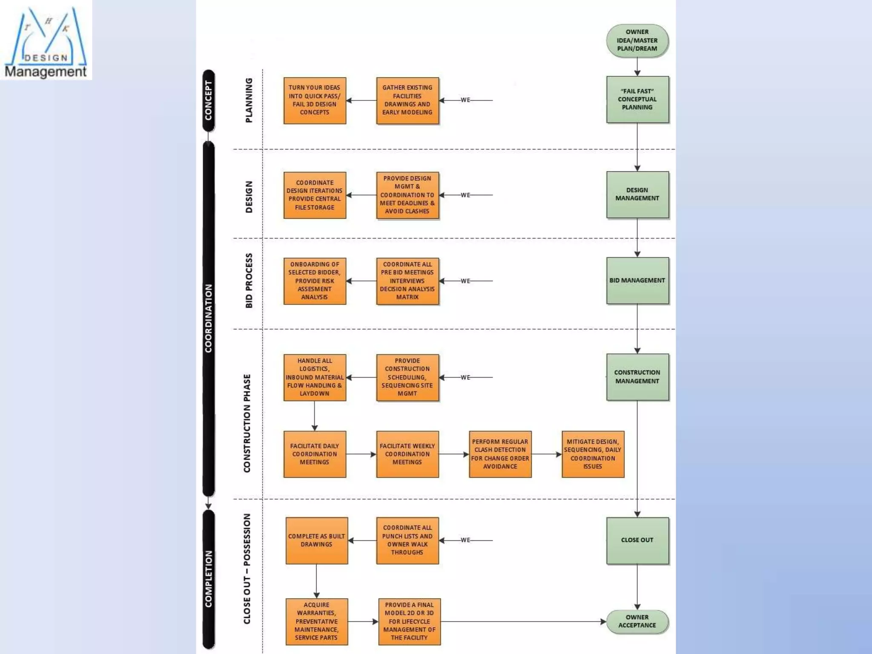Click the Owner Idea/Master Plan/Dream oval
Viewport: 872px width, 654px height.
[x=637, y=40]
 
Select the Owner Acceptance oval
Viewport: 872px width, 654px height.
[x=637, y=621]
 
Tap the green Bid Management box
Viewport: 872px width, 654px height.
[x=637, y=281]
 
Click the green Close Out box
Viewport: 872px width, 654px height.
[x=637, y=540]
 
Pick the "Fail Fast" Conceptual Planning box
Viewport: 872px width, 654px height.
[x=637, y=100]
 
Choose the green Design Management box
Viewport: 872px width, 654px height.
[x=637, y=195]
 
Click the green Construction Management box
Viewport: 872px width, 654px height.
[x=637, y=377]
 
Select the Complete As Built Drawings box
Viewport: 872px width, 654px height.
[x=316, y=540]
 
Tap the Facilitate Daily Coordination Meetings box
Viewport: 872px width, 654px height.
[x=315, y=454]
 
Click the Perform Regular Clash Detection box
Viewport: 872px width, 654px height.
[x=500, y=454]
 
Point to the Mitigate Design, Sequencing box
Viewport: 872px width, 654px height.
[x=593, y=454]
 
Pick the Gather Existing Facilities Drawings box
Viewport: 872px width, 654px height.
[x=407, y=100]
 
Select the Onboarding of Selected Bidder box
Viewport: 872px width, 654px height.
[x=315, y=281]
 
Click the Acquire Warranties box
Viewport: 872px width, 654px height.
[x=316, y=621]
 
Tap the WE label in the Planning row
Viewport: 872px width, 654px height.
[x=465, y=100]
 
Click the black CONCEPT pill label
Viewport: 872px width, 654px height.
[x=208, y=100]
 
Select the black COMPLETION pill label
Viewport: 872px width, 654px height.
[x=208, y=579]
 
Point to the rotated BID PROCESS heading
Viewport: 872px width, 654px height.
[x=249, y=281]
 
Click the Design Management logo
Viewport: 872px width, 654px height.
[x=46, y=40]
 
